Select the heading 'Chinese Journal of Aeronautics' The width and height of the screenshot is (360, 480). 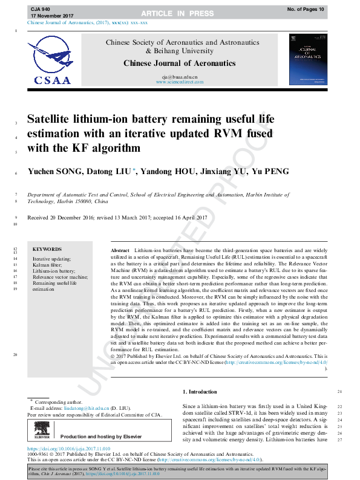(180, 63)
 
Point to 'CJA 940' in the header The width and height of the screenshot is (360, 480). (41, 9)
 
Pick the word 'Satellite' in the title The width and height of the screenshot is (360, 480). (55, 119)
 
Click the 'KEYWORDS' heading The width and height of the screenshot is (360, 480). (47, 249)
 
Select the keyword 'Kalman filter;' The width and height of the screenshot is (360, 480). (47, 265)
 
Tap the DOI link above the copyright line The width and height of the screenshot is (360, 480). (70, 449)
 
